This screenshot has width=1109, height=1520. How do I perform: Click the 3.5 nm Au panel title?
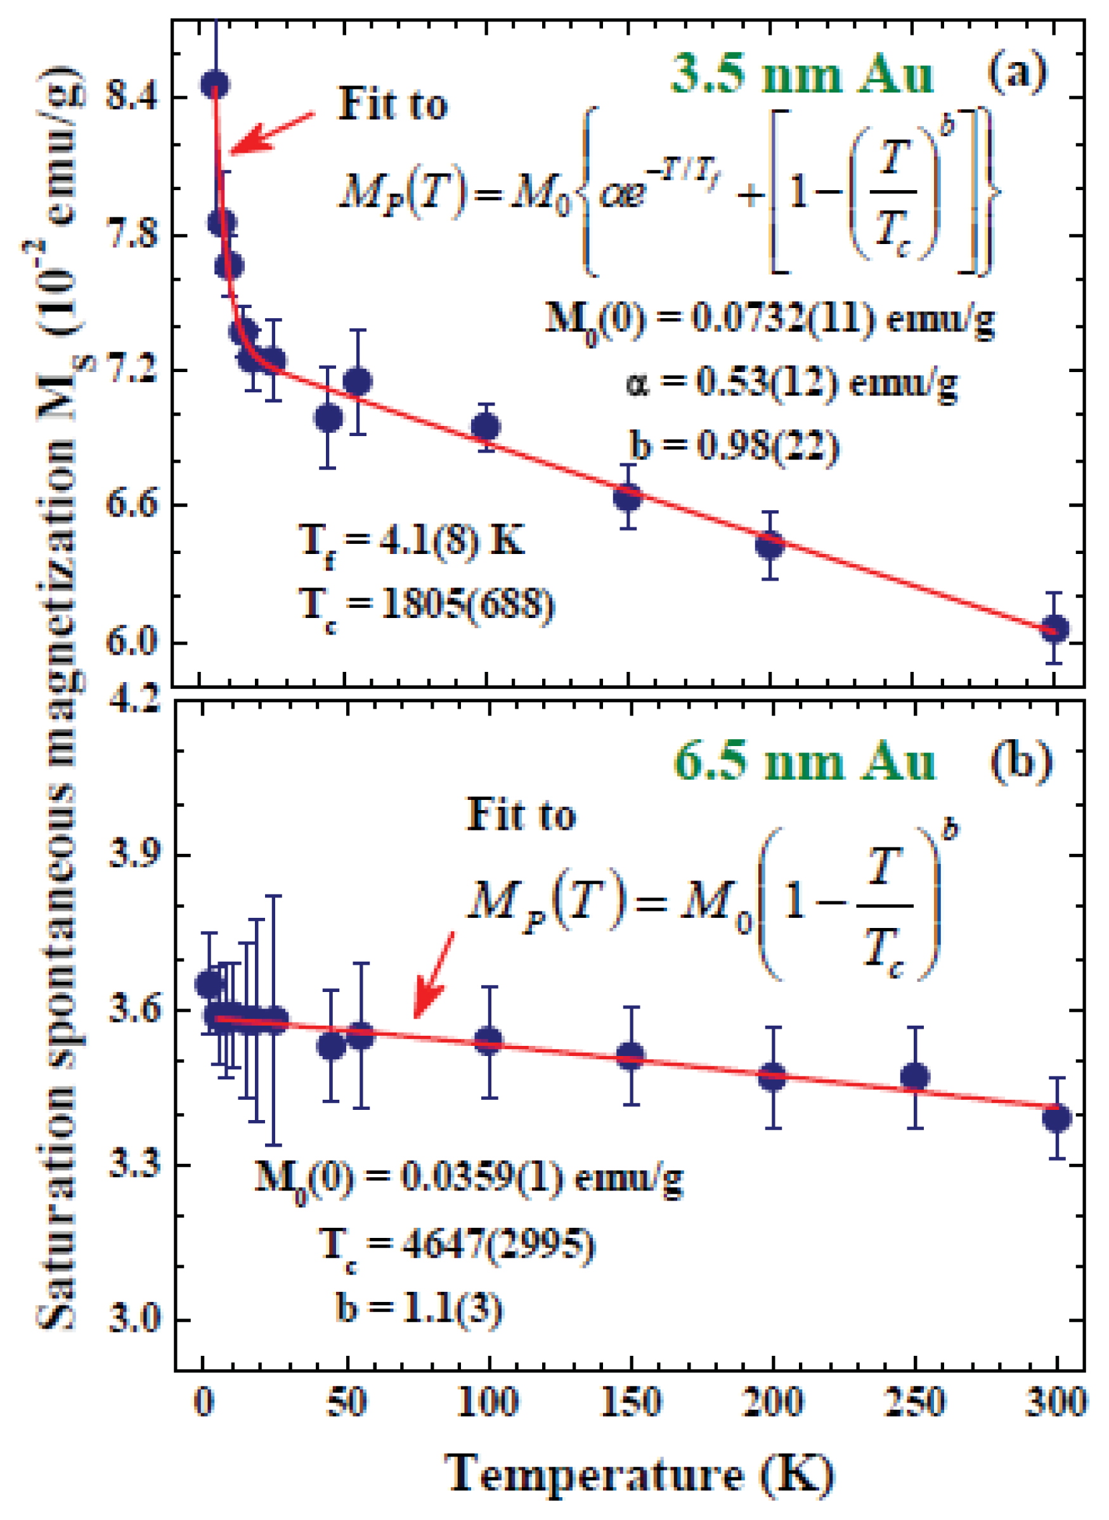click(801, 75)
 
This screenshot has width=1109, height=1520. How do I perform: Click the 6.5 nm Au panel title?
click(803, 764)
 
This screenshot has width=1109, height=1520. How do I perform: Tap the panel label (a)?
click(1016, 72)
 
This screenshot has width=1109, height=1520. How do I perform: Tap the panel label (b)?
click(1020, 763)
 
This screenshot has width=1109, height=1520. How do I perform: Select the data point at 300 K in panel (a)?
click(1054, 629)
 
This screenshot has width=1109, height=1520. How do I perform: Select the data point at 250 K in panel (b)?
click(915, 1077)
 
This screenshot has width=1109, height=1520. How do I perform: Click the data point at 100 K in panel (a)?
click(485, 426)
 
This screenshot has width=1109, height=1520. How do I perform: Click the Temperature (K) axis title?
click(639, 1474)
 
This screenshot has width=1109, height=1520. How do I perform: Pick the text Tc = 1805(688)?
click(427, 605)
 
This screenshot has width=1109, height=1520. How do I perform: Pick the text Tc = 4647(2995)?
click(457, 1246)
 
